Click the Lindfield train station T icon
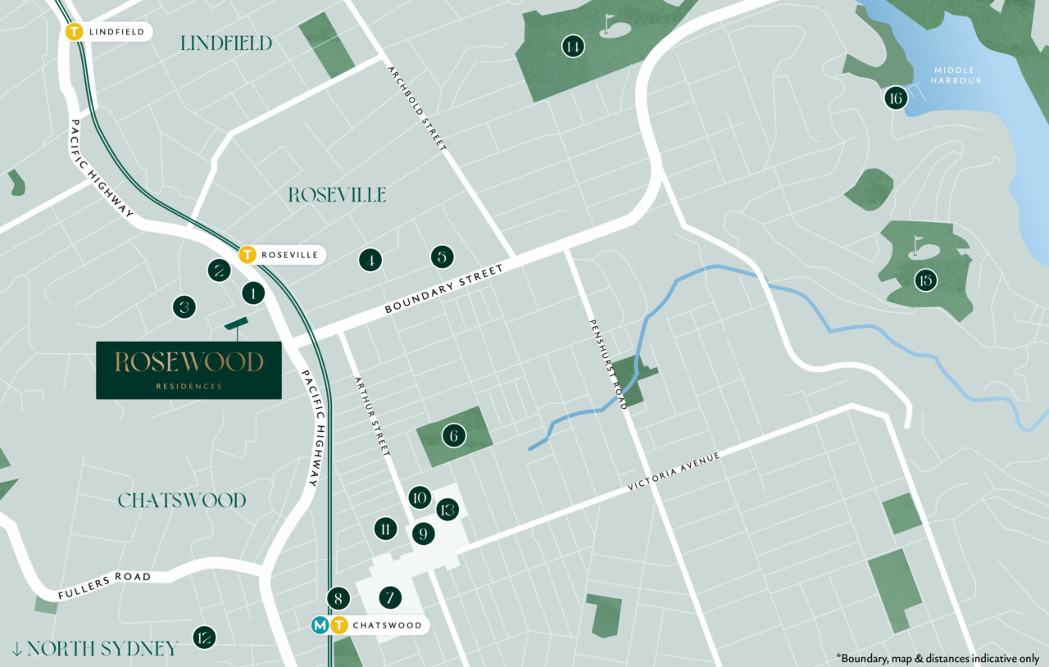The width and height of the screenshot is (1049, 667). tap(75, 32)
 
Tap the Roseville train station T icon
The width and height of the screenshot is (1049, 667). tap(247, 255)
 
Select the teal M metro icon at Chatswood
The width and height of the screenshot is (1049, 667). tap(320, 625)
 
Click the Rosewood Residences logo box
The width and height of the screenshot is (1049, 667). tap(188, 370)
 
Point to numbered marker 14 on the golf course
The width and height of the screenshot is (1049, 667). tap(573, 47)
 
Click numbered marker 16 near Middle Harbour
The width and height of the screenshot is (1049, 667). tap(895, 99)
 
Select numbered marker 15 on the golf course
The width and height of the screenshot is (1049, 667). tap(925, 280)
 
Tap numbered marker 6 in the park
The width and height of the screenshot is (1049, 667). tap(453, 435)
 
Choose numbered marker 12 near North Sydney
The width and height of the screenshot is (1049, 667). tap(204, 637)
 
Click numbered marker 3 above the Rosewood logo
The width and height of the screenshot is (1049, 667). tap(184, 307)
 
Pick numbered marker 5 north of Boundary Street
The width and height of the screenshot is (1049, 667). tap(441, 257)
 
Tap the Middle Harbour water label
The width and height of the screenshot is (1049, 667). tap(956, 75)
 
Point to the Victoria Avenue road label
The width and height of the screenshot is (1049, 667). tap(673, 471)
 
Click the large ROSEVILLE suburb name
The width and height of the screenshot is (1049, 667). tap(337, 195)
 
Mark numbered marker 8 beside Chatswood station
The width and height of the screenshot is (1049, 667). tap(338, 598)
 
